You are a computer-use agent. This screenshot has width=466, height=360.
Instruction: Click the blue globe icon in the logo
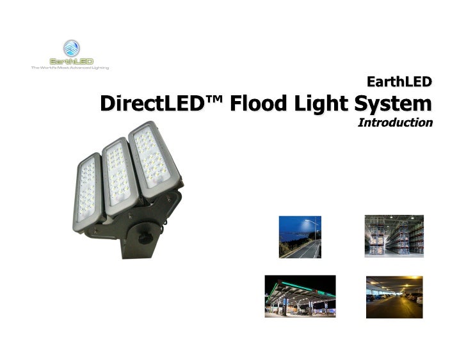(x=71, y=48)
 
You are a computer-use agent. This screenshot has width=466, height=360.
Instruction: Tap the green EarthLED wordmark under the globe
(x=71, y=61)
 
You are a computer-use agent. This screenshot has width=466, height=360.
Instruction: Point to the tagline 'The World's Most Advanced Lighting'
(x=71, y=67)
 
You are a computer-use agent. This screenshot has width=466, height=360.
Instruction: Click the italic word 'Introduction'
(x=394, y=121)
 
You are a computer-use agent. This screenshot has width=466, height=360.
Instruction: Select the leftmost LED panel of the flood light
(x=88, y=192)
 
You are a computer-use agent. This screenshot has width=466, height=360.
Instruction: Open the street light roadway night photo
(x=300, y=237)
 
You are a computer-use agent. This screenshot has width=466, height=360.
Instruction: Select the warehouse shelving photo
(x=394, y=236)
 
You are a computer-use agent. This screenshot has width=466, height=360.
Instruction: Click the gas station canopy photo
(x=300, y=296)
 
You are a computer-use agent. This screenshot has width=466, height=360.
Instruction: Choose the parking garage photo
(x=394, y=297)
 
